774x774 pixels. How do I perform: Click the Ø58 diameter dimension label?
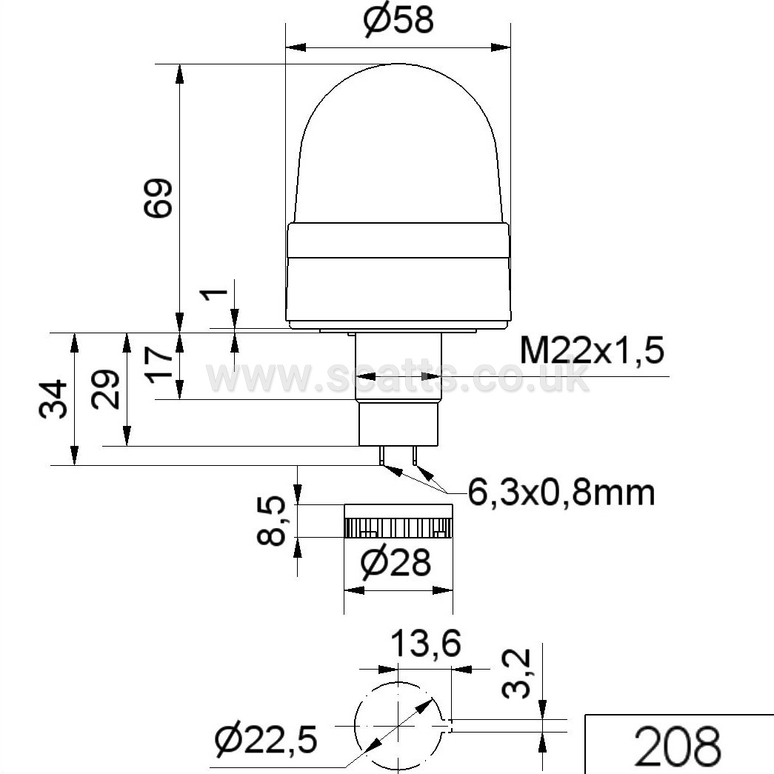tap(398, 20)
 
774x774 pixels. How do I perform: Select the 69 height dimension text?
tap(158, 198)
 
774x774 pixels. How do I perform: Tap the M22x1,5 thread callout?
tap(592, 351)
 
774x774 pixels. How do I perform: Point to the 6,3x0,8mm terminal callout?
tap(561, 492)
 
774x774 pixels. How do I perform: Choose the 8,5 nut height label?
tap(271, 521)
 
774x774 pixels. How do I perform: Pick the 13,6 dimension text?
tap(426, 644)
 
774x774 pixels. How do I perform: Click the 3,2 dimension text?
tap(516, 674)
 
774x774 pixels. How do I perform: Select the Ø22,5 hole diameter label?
tap(266, 739)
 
